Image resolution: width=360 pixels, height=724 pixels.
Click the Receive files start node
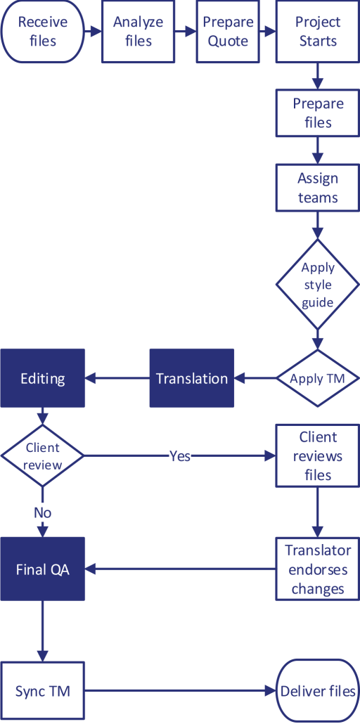click(x=42, y=32)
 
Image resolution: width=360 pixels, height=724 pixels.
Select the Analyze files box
click(x=138, y=32)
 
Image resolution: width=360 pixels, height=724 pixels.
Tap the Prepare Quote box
click(x=228, y=32)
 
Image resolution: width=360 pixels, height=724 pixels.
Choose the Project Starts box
click(x=318, y=32)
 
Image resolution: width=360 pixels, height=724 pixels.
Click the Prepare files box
click(x=318, y=113)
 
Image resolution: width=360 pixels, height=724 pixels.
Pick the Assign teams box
click(x=318, y=188)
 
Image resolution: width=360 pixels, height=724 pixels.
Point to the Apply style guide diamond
click(x=318, y=285)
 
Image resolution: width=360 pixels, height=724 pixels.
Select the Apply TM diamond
click(x=318, y=378)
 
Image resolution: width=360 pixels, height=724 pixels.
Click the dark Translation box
click(x=192, y=378)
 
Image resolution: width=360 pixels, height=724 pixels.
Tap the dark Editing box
click(x=42, y=378)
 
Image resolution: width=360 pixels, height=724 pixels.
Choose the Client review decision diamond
click(x=42, y=456)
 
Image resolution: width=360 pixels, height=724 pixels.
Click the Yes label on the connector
click(x=180, y=456)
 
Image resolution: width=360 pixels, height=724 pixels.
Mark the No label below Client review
click(x=42, y=513)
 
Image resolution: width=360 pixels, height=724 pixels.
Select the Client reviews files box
click(x=318, y=456)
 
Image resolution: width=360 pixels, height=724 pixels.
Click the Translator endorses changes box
click(x=318, y=569)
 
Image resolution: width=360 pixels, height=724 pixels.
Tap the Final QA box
click(x=42, y=569)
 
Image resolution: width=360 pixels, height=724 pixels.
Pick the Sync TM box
click(x=42, y=691)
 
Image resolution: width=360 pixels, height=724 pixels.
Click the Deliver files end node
click(x=318, y=691)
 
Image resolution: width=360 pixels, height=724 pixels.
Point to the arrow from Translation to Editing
click(x=117, y=378)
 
